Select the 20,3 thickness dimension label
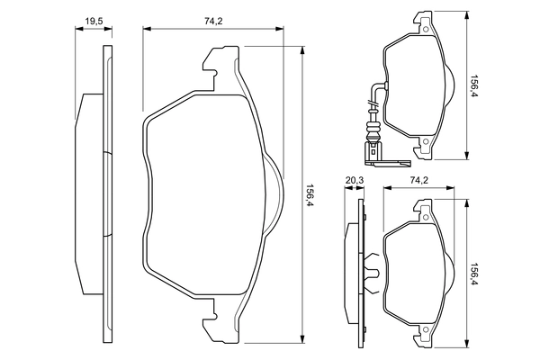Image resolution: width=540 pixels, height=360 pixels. pyautogui.click(x=355, y=180)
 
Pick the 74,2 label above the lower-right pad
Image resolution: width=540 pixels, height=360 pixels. pyautogui.click(x=418, y=180)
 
